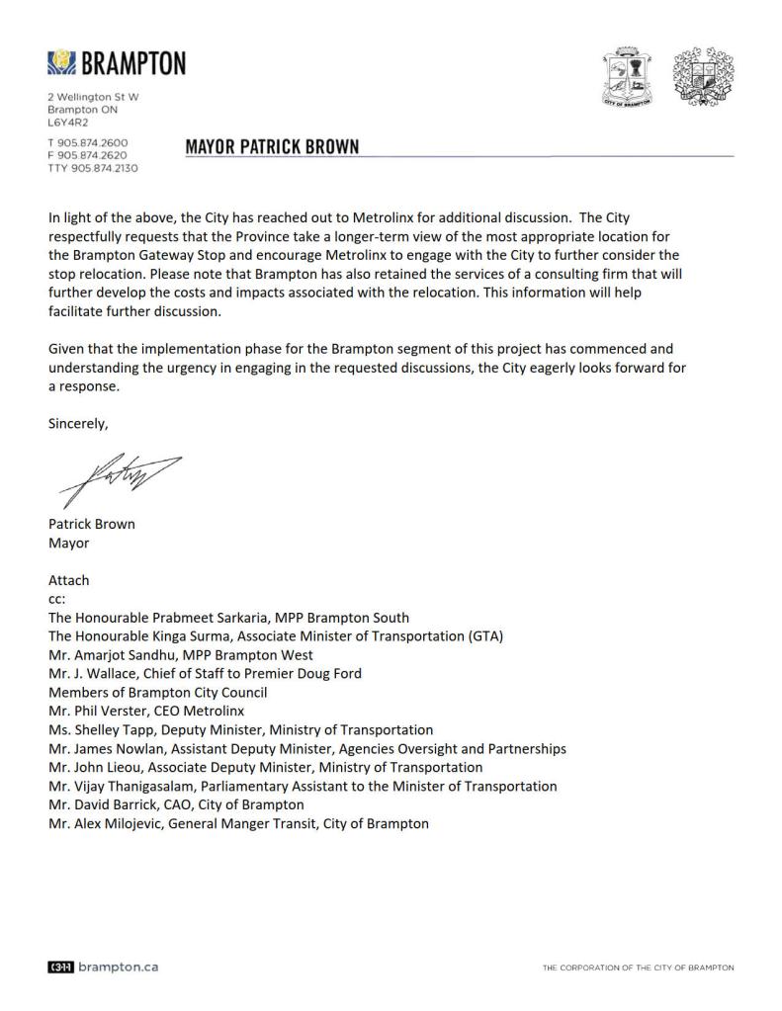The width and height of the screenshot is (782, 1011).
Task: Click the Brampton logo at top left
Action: pyautogui.click(x=116, y=64)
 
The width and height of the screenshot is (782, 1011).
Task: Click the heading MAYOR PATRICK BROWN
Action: pyautogui.click(x=272, y=147)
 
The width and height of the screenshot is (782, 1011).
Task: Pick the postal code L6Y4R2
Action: pyautogui.click(x=68, y=123)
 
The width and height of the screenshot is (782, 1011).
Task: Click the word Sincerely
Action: pyautogui.click(x=78, y=424)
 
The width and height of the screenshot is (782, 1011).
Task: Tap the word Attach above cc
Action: pyautogui.click(x=68, y=580)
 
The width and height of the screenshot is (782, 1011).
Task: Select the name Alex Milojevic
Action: pyautogui.click(x=120, y=823)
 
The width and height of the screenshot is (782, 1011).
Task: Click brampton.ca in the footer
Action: pyautogui.click(x=117, y=967)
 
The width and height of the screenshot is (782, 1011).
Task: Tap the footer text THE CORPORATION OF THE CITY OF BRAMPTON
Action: pyautogui.click(x=638, y=968)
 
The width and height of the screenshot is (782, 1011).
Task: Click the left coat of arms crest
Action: pyautogui.click(x=629, y=77)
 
